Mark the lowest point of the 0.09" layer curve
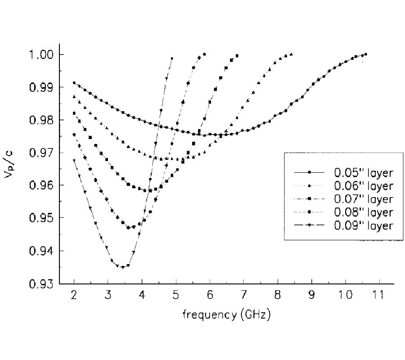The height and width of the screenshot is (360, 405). (122, 267)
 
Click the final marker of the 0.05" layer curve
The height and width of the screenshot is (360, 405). (365, 54)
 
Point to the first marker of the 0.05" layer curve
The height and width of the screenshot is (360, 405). (74, 83)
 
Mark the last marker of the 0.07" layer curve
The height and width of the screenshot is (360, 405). (237, 56)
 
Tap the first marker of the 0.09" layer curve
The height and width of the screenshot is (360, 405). (74, 160)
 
